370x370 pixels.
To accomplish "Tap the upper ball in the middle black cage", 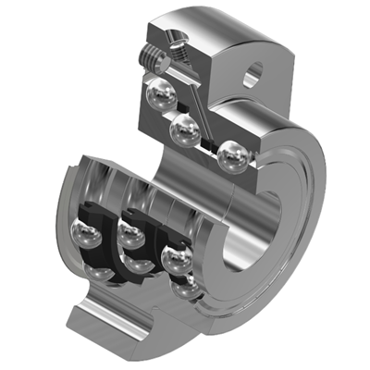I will [x=132, y=238].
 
